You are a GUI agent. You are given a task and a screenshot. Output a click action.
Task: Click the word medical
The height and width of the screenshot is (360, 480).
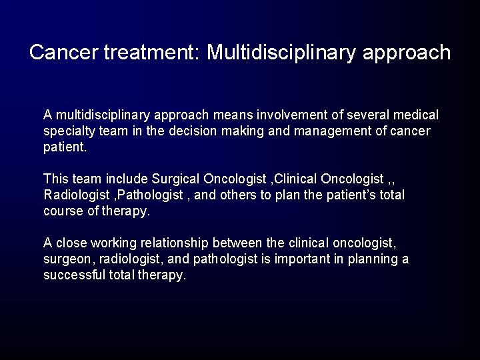click(x=416, y=115)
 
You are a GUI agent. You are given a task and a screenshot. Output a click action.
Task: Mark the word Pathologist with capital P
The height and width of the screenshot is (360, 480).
click(x=140, y=195)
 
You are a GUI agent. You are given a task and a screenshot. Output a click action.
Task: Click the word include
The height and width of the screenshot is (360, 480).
click(x=127, y=179)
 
